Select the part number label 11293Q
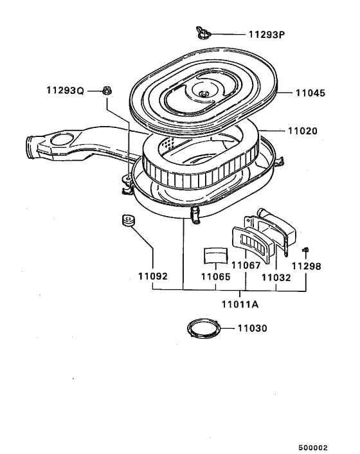tap(64, 91)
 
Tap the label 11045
tap(310, 93)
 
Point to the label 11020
tap(310, 130)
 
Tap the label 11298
tap(305, 265)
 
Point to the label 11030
tap(252, 328)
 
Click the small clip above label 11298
tap(307, 250)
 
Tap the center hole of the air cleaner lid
tap(204, 95)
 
